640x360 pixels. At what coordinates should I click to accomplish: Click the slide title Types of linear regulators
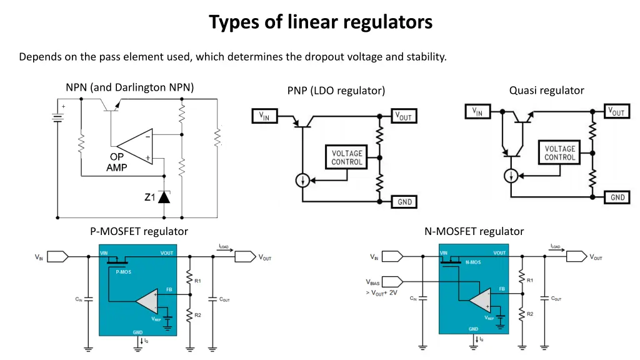click(x=321, y=22)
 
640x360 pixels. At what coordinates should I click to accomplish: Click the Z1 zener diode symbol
click(x=164, y=197)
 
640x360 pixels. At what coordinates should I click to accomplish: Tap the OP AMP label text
click(x=117, y=162)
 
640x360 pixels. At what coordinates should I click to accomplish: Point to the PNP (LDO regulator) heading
click(x=336, y=91)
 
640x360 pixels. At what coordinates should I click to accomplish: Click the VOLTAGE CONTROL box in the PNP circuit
click(x=346, y=157)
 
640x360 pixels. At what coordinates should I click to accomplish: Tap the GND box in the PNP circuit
click(x=404, y=202)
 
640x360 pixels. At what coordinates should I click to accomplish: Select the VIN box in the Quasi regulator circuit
click(x=477, y=112)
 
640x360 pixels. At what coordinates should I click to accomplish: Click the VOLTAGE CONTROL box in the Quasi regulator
click(x=559, y=153)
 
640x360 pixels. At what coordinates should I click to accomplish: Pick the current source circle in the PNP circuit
click(x=302, y=181)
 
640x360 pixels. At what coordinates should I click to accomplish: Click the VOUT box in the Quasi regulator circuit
click(x=616, y=112)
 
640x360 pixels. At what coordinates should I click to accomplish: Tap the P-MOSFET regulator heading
click(x=139, y=231)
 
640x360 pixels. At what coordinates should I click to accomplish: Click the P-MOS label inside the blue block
click(x=123, y=272)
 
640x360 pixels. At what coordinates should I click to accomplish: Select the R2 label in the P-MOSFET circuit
click(x=197, y=315)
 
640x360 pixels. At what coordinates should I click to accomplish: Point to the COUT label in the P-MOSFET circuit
click(x=224, y=299)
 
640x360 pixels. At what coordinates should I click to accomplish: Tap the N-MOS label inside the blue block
click(x=473, y=263)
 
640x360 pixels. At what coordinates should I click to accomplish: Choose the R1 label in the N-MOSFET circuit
click(x=529, y=281)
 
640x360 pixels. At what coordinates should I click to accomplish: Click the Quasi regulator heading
click(x=546, y=91)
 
